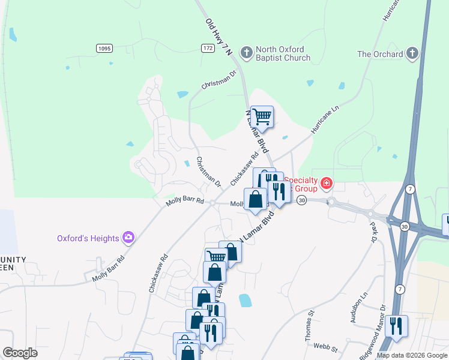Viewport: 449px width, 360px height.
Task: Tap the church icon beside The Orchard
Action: pos(412,54)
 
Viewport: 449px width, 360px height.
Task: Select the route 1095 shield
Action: pos(104,47)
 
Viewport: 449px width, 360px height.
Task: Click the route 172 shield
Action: pos(208,47)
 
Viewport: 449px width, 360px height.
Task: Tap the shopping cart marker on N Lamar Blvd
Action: pos(262,116)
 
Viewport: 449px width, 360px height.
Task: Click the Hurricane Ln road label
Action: pos(325,119)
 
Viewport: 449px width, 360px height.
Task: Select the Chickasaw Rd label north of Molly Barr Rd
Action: pos(244,168)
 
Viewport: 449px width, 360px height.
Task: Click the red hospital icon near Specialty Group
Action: pos(327,183)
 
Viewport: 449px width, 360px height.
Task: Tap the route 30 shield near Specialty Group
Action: pos(301,200)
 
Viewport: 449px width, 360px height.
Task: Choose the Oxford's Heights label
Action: pos(88,238)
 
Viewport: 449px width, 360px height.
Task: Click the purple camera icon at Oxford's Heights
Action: pos(128,238)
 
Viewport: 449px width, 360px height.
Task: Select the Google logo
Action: pos(20,353)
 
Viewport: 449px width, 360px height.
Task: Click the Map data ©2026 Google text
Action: pos(411,355)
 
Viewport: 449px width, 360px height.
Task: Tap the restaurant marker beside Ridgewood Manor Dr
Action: pos(396,326)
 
